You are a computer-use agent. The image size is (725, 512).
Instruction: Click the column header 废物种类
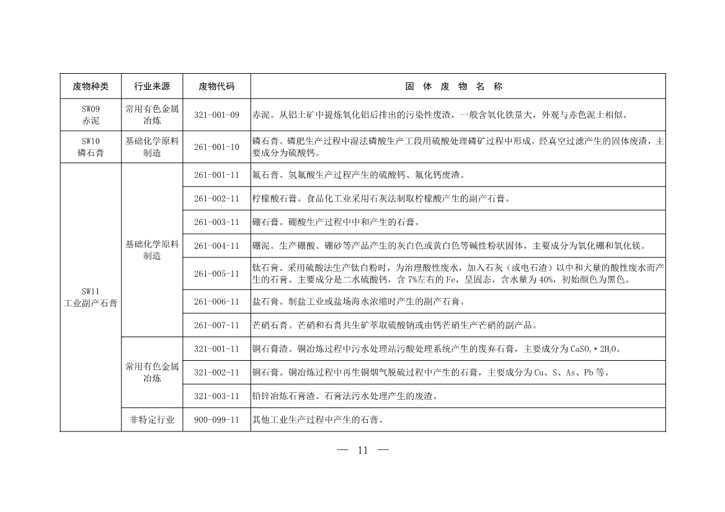coord(91,86)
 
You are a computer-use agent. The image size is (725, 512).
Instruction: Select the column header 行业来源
coord(152,86)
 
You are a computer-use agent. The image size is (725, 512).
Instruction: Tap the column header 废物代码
coord(216,86)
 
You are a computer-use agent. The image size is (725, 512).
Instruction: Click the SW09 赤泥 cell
coord(91,115)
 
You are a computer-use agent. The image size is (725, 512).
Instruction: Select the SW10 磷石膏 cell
coord(91,147)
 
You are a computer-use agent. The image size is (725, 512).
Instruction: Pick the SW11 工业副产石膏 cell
coord(91,297)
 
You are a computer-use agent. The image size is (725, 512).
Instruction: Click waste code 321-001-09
coord(216,115)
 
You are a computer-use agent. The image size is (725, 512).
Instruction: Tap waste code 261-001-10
coord(216,147)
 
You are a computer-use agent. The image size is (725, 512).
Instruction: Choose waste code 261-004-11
coord(216,245)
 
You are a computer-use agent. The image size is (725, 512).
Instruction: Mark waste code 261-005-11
coord(216,273)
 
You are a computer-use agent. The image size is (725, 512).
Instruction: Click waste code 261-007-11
coord(216,325)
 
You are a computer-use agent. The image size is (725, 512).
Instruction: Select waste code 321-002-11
coord(216,373)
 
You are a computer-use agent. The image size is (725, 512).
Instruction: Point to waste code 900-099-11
coord(216,420)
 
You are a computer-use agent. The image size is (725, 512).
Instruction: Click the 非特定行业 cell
coord(152,420)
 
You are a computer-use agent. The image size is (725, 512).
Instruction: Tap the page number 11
coord(363,451)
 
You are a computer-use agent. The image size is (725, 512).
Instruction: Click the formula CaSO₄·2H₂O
coord(595,349)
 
